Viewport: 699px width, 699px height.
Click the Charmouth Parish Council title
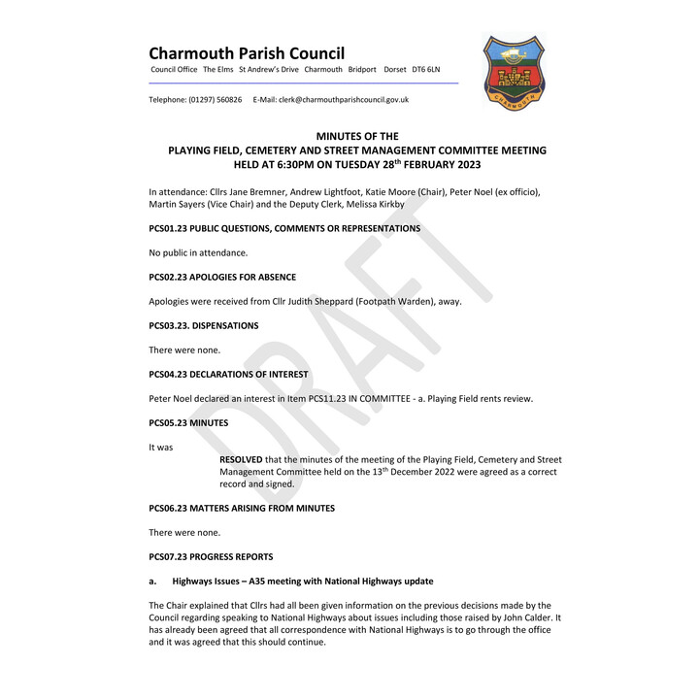tap(247, 53)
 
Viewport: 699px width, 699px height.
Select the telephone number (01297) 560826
tap(216, 100)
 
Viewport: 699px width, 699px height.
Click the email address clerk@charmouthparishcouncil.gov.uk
tap(344, 100)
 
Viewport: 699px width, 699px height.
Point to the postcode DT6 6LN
tap(425, 70)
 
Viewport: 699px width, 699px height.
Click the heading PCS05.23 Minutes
tap(188, 422)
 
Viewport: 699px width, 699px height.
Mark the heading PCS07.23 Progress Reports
tap(211, 556)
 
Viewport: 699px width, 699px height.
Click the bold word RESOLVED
tap(241, 459)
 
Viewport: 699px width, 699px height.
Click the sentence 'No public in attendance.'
tap(198, 252)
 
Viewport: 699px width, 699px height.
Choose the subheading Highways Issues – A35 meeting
tap(302, 581)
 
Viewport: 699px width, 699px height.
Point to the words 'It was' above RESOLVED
tap(160, 447)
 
